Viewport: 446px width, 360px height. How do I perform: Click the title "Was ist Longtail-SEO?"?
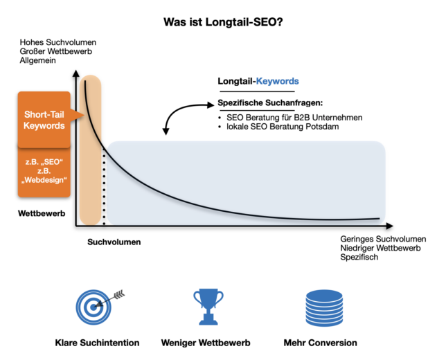point(222,22)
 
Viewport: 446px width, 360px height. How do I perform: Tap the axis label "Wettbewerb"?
point(42,214)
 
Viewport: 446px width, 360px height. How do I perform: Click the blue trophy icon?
point(207,305)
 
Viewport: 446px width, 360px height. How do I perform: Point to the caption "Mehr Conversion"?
point(321,343)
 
